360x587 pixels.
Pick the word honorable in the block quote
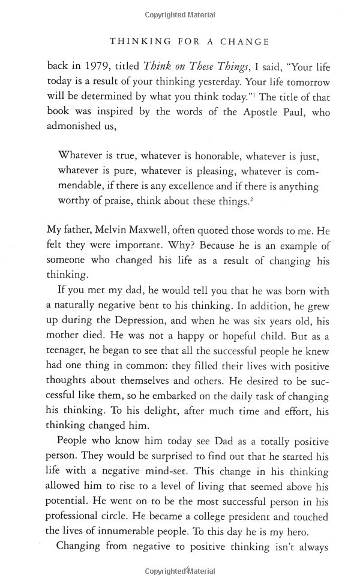coord(207,157)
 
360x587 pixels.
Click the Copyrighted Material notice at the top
coord(180,13)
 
